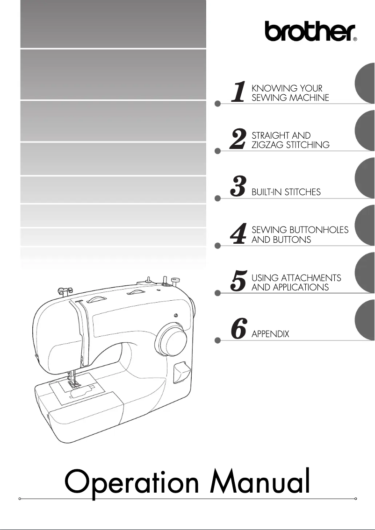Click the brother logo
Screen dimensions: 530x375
(309, 32)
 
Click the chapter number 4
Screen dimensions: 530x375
(239, 235)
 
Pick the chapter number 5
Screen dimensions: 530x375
(239, 282)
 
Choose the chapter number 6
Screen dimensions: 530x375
(239, 330)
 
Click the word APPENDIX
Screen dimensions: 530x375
(270, 334)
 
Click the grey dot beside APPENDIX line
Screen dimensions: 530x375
(217, 341)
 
